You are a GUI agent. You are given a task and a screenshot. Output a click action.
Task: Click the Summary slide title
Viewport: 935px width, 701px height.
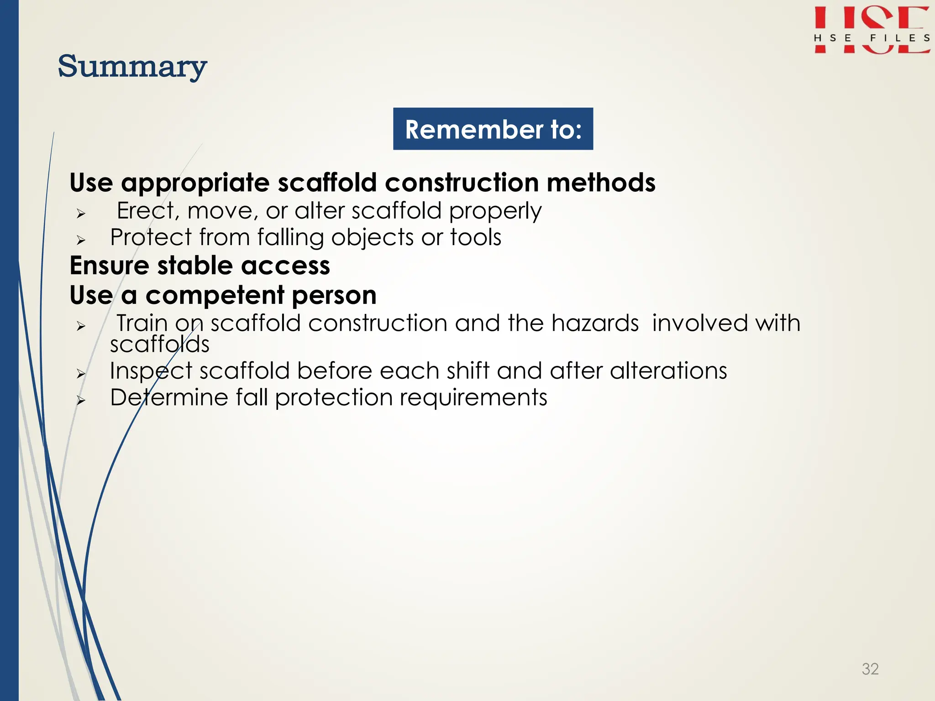(x=132, y=67)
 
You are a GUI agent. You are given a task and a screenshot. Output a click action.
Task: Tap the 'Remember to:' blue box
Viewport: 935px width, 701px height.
(x=493, y=129)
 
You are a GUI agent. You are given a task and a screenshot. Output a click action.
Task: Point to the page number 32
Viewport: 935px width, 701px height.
(x=870, y=669)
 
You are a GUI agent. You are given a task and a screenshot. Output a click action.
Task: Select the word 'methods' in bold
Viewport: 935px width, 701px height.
(x=601, y=183)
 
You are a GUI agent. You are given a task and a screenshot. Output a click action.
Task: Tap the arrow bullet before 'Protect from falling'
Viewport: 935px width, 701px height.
(x=81, y=240)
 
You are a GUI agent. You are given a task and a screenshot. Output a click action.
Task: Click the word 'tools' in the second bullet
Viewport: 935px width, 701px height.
(x=476, y=238)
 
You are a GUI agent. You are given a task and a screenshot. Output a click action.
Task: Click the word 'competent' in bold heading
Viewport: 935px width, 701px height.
(x=215, y=296)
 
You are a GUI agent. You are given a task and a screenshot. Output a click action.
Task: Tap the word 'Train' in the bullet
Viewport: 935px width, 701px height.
(x=142, y=323)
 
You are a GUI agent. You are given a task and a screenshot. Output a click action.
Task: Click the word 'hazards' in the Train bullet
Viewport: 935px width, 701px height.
(x=595, y=323)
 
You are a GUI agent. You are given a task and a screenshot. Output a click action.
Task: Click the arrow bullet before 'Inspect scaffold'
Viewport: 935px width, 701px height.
(x=81, y=374)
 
